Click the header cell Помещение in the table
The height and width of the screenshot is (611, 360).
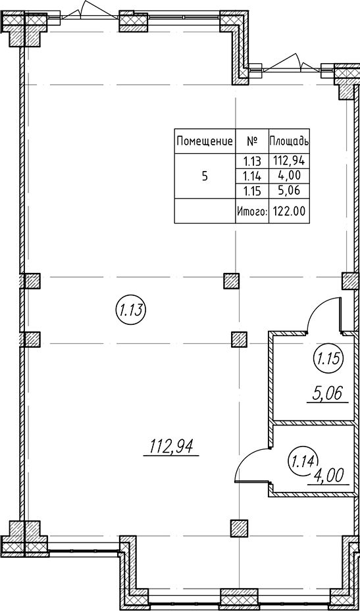[x=205, y=141]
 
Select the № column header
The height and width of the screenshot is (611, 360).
[x=252, y=141]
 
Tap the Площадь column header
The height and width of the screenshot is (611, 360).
[x=289, y=141]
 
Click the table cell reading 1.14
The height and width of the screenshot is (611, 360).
[x=252, y=176]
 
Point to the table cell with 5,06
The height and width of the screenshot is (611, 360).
[x=289, y=191]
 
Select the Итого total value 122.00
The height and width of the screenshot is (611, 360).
[x=289, y=212]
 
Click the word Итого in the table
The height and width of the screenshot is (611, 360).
[x=252, y=212]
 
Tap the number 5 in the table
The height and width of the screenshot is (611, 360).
[x=205, y=176]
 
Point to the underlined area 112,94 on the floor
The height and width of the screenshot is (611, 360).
[x=172, y=447]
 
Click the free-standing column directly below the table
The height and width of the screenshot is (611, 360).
[x=231, y=281]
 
